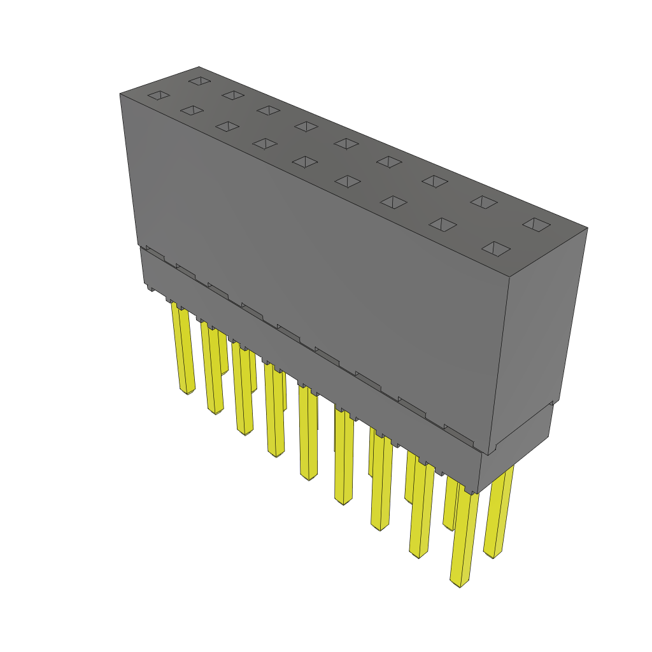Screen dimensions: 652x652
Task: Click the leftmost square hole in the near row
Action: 159,96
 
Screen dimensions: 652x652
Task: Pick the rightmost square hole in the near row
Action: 497,248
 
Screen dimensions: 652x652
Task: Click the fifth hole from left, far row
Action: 346,143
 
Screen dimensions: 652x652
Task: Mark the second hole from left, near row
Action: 192,111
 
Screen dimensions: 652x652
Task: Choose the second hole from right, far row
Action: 484,201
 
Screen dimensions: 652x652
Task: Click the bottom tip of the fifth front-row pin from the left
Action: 309,478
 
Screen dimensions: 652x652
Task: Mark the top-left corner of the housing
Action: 120,94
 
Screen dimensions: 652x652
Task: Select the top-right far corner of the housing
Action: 587,228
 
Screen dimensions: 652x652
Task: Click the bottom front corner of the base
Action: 479,493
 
